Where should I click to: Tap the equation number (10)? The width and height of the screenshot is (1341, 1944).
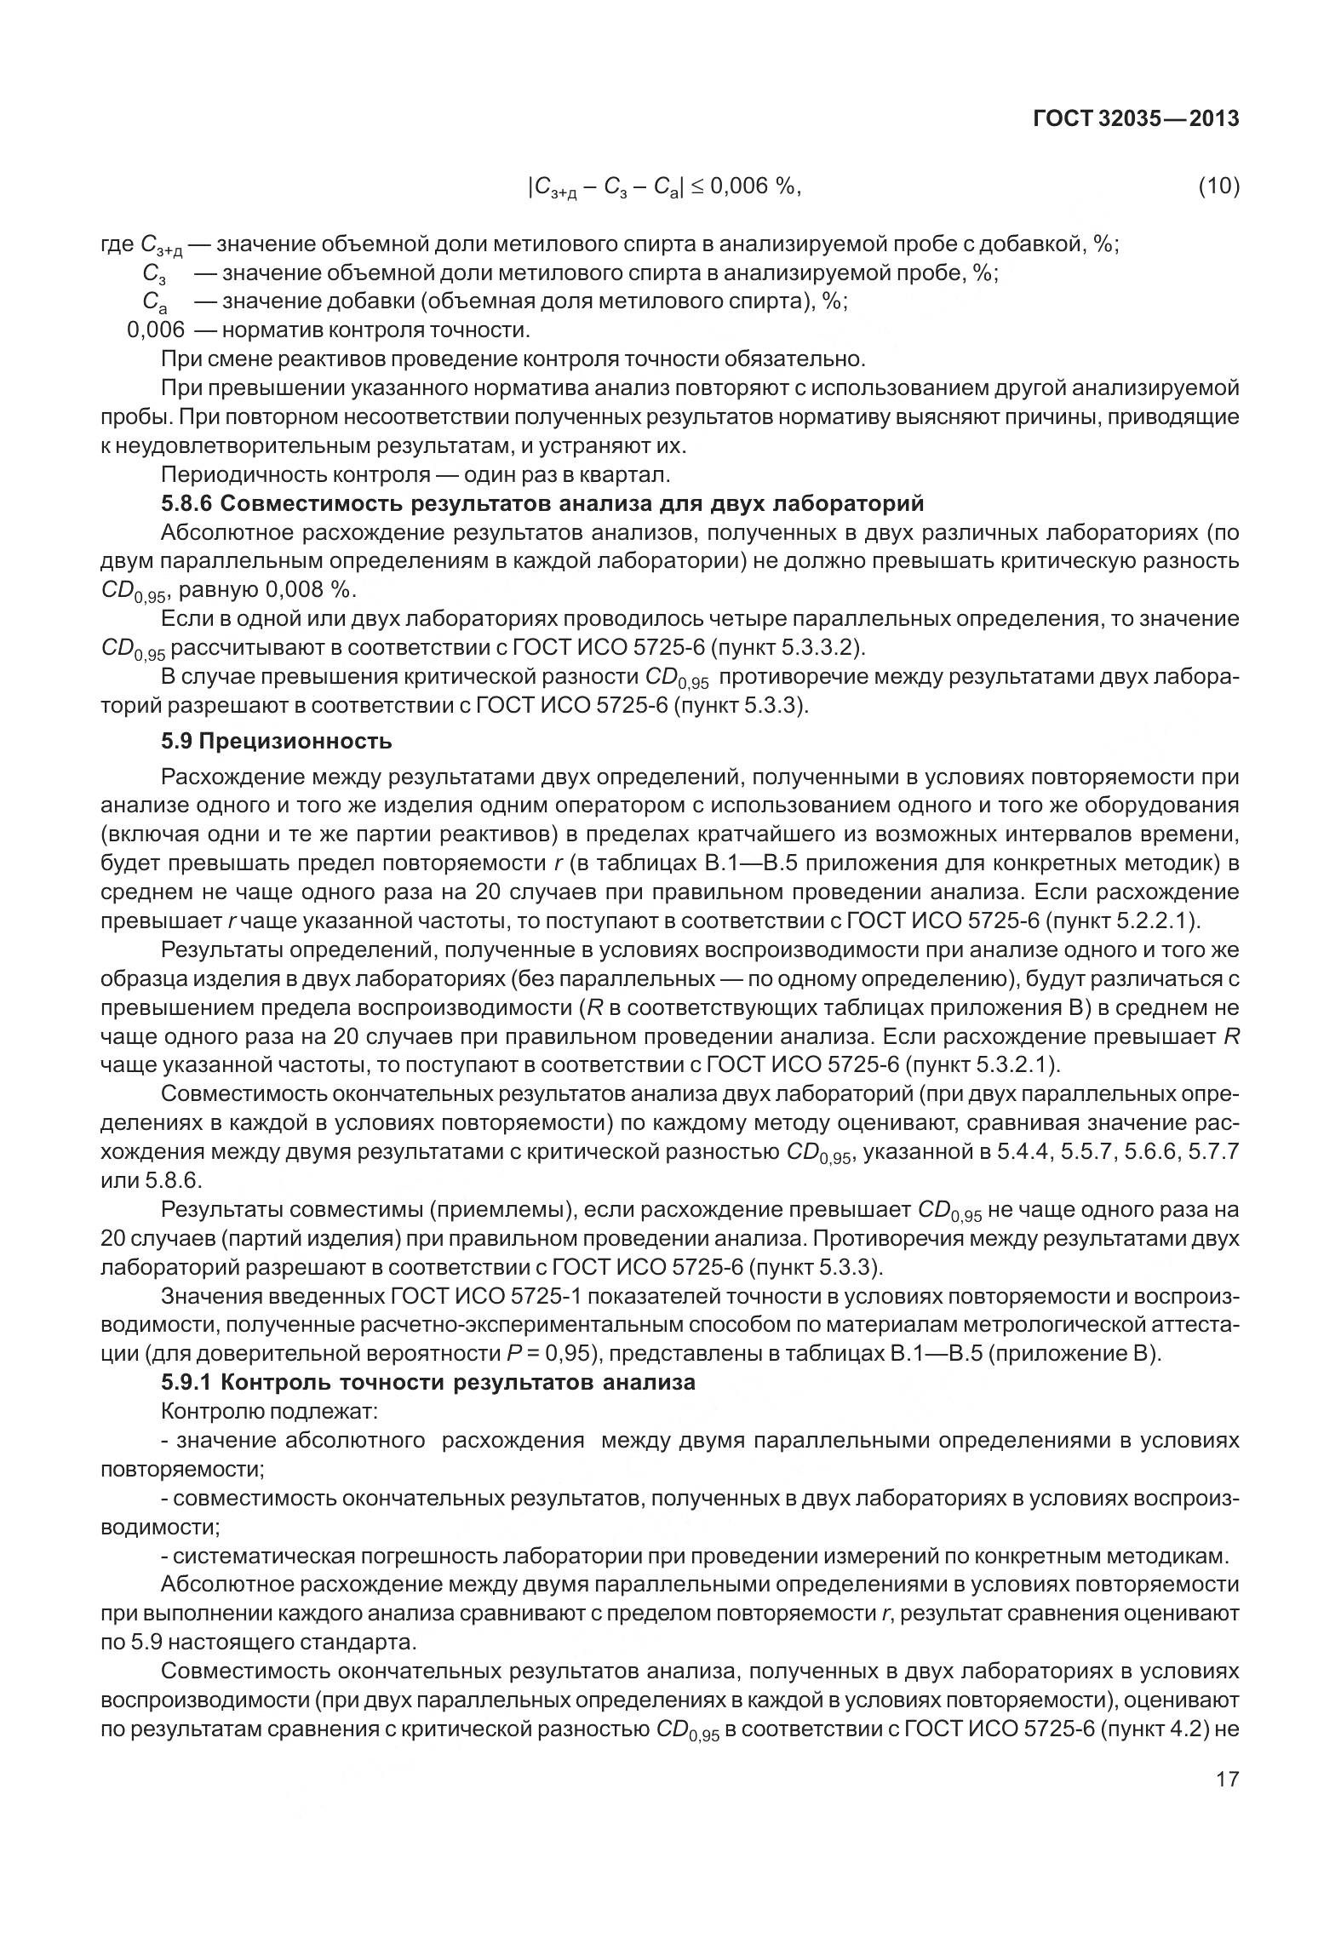pos(1218,186)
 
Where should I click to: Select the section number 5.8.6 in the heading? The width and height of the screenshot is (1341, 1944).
pos(187,504)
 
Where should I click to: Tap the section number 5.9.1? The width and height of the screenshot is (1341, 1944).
pos(187,1382)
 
